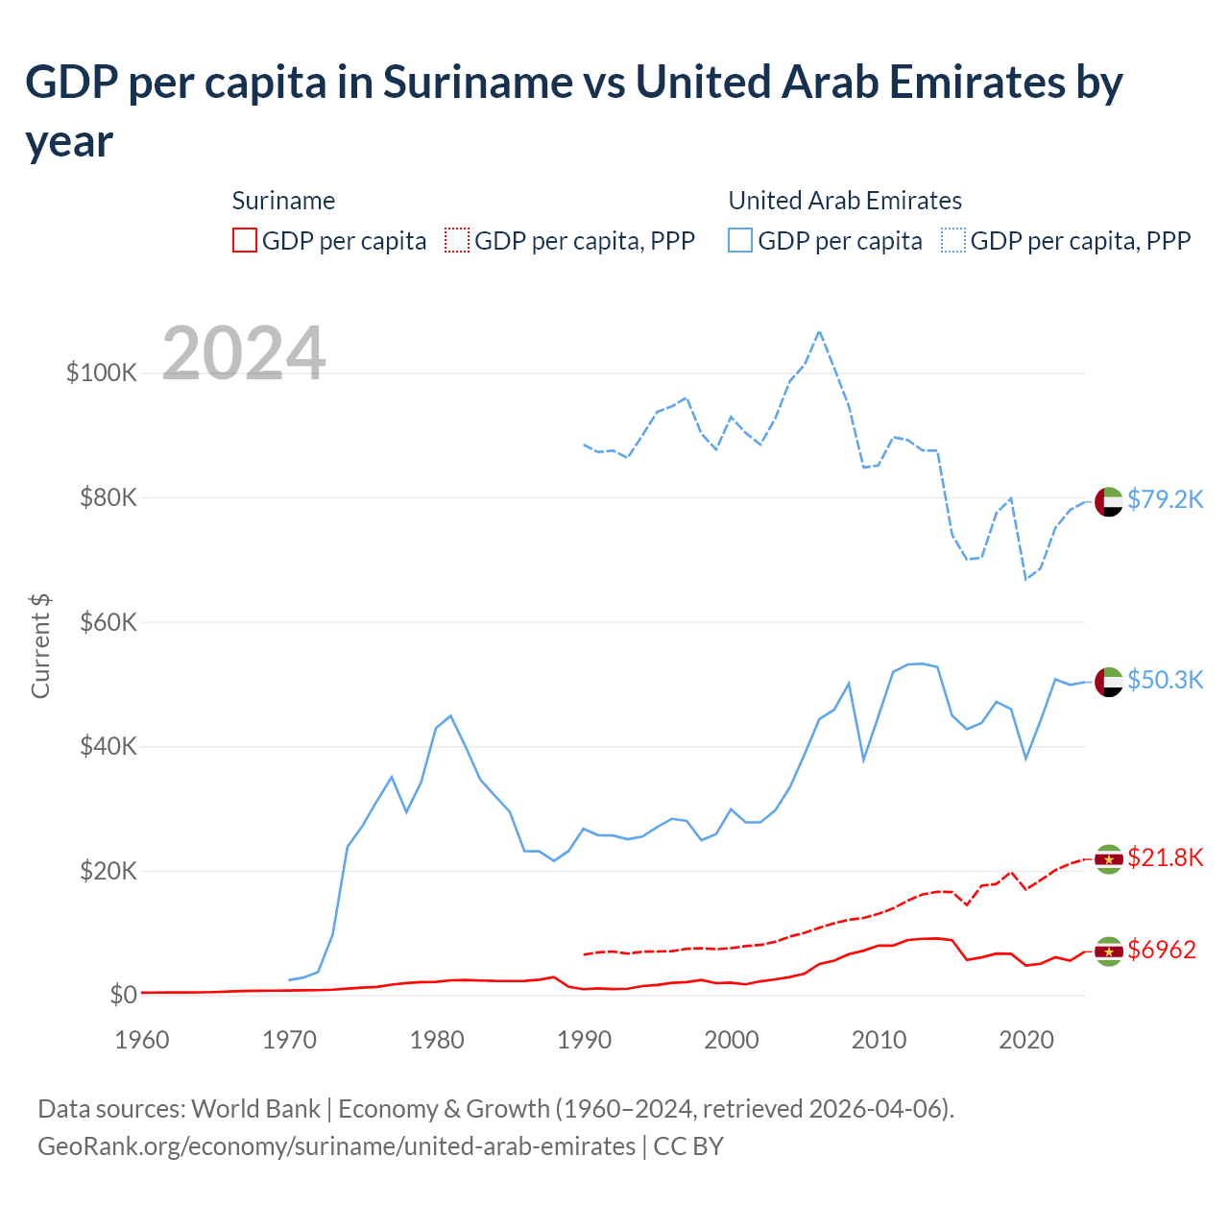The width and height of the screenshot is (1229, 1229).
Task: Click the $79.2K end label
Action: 1165,499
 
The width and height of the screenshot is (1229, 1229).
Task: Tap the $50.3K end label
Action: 1165,680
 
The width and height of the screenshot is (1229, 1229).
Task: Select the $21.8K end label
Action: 1165,857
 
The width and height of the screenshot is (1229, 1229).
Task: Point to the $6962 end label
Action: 1161,950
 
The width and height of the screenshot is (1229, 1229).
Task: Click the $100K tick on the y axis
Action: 102,373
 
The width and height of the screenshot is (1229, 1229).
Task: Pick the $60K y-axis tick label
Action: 108,622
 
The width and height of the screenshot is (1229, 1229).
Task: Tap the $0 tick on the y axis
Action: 123,995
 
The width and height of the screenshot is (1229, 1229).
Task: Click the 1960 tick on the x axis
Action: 142,1040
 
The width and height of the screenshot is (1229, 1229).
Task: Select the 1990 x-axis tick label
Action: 584,1040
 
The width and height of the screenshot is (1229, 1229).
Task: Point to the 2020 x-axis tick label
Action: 1025,1040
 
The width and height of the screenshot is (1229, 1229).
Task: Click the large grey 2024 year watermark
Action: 244,353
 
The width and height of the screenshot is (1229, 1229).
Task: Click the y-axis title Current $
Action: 40,645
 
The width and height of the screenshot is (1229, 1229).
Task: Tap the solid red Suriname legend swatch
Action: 245,240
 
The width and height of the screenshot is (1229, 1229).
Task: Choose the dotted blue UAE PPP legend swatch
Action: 953,240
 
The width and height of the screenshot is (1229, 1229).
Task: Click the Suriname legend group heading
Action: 283,201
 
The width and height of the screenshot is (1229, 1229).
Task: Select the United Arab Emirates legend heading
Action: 845,201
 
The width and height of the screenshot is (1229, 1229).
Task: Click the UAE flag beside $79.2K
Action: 1108,501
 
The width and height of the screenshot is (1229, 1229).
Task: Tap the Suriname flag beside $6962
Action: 1108,951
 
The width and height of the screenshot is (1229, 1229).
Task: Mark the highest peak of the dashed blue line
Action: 819,331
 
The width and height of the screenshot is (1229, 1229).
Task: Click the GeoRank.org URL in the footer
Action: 336,1146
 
